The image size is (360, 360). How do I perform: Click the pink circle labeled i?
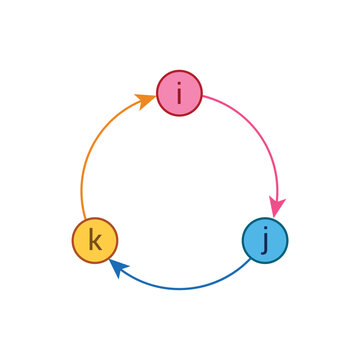point(179,93)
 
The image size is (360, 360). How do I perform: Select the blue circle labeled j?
point(265,240)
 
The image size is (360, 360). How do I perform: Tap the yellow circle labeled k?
point(95,240)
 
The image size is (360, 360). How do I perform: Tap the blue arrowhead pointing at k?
point(118,266)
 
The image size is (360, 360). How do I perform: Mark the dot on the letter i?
point(179,85)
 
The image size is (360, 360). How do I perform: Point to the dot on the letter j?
point(267,230)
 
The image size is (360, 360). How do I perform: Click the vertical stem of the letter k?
point(90,240)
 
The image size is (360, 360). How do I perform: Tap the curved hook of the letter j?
point(263,252)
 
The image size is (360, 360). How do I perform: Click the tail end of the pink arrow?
point(204,98)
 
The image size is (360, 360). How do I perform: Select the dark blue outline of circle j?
point(287,240)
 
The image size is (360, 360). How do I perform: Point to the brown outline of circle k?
point(73,240)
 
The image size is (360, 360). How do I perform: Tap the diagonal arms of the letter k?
point(98,241)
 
